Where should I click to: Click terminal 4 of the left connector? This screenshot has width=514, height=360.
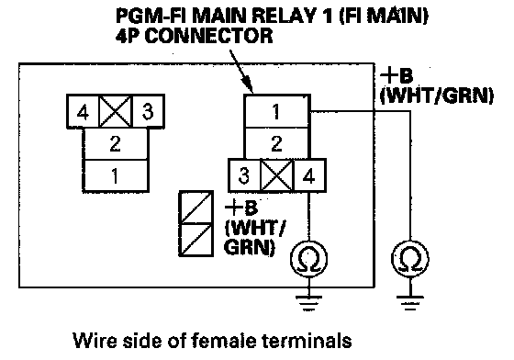tap(83, 111)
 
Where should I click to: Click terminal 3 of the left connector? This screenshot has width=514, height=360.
tap(148, 111)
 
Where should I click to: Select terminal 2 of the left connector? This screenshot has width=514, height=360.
tap(116, 144)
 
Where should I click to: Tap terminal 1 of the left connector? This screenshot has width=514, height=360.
tap(116, 175)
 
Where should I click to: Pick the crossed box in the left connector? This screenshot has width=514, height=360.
tap(115, 111)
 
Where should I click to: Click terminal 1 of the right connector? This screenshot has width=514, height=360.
tap(276, 111)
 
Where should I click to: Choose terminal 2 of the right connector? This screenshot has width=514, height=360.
tap(276, 143)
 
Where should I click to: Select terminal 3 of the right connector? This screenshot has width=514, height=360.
tap(244, 175)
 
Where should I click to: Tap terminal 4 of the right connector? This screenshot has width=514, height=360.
tap(309, 175)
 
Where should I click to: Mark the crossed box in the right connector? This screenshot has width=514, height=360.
tap(277, 175)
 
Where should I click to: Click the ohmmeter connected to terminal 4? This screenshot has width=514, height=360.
tap(308, 258)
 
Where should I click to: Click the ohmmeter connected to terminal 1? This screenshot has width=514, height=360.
tap(409, 258)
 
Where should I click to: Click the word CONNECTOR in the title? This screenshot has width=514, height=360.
tap(208, 36)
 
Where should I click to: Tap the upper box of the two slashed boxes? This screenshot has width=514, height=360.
tap(196, 208)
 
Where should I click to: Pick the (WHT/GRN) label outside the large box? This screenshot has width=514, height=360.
tap(437, 96)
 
